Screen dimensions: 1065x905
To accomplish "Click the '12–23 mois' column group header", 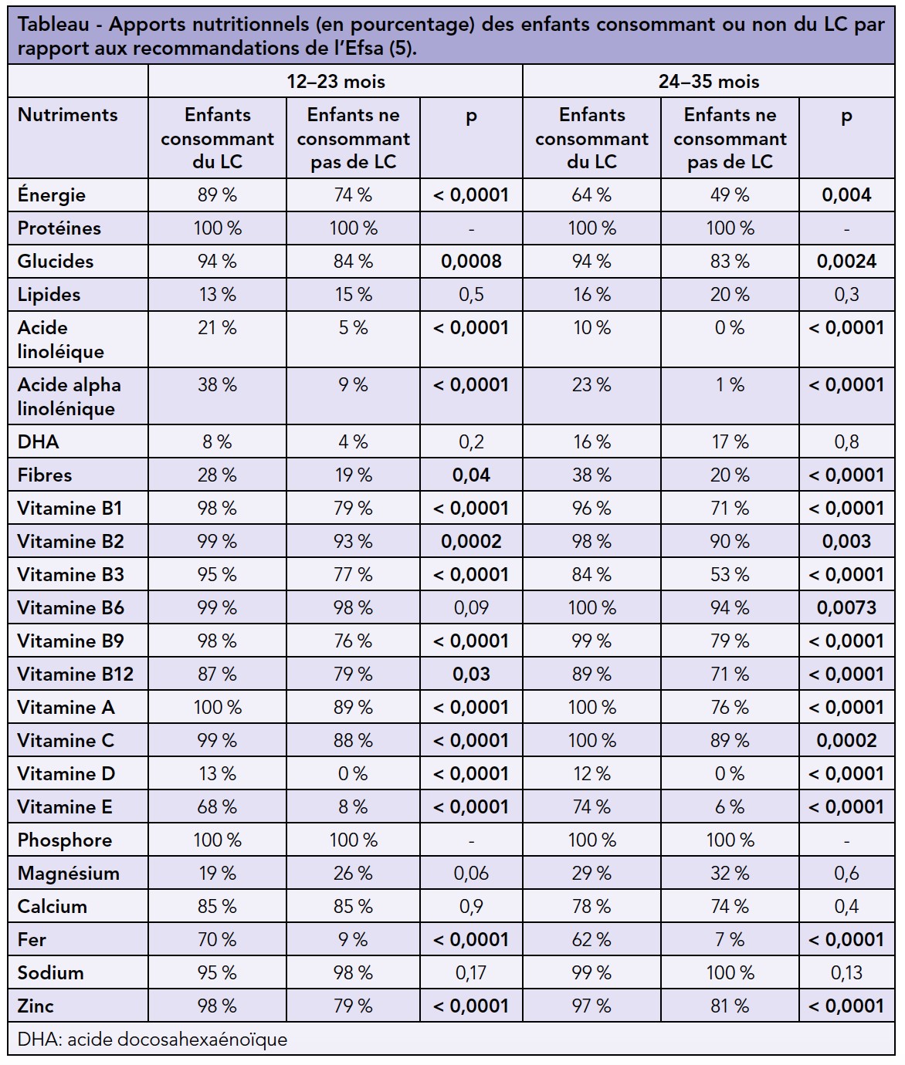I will [x=335, y=81].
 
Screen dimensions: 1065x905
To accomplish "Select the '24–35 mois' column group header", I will [x=708, y=81].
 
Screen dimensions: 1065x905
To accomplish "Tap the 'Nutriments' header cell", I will [x=68, y=115].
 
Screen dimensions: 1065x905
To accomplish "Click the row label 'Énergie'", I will [x=52, y=195].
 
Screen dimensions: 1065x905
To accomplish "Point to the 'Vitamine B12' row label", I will [x=76, y=674].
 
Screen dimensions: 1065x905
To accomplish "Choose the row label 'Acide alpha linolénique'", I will [x=69, y=396].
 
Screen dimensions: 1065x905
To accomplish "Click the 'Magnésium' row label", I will [x=69, y=874].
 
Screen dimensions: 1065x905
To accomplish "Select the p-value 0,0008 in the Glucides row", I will [x=471, y=262].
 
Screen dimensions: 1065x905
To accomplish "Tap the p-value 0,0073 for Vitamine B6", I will [x=846, y=608].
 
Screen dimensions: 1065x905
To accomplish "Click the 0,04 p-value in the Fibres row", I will [x=471, y=475].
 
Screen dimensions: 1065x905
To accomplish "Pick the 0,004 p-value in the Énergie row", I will [x=846, y=195].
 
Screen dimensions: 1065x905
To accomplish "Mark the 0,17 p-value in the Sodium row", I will [x=471, y=973].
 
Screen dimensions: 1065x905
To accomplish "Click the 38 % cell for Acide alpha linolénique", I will [x=218, y=384].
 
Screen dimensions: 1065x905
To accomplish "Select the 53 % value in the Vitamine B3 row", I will [x=730, y=575].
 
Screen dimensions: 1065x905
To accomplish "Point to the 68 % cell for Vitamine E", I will [x=218, y=807].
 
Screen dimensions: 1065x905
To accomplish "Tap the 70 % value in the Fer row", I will [x=218, y=940].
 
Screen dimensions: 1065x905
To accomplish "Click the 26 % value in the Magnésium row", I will [x=353, y=874].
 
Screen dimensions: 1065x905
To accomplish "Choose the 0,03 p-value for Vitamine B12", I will [x=471, y=674].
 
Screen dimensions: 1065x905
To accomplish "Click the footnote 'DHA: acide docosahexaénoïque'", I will [x=152, y=1040].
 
